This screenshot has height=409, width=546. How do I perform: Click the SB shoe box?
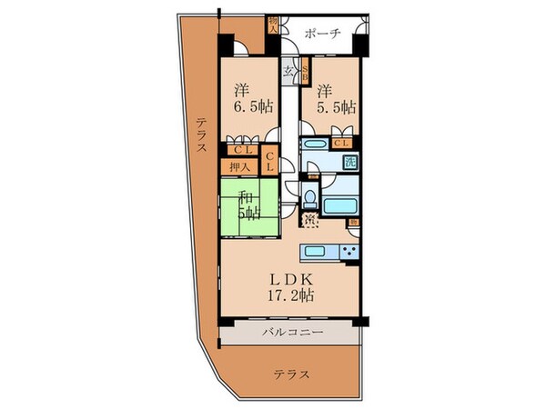pyautogui.click(x=306, y=72)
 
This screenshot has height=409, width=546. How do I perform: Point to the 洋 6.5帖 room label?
pyautogui.click(x=245, y=98)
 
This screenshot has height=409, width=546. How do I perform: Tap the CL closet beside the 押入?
pyautogui.click(x=271, y=162)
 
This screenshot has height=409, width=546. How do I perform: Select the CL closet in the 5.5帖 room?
pyautogui.click(x=344, y=143)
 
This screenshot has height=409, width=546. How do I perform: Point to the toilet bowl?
pyautogui.click(x=309, y=198)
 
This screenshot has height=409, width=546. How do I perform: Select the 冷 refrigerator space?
pyautogui.click(x=309, y=219)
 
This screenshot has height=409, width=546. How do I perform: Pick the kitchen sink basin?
pyautogui.click(x=318, y=252)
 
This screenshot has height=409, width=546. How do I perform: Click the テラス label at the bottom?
pyautogui.click(x=292, y=373)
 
